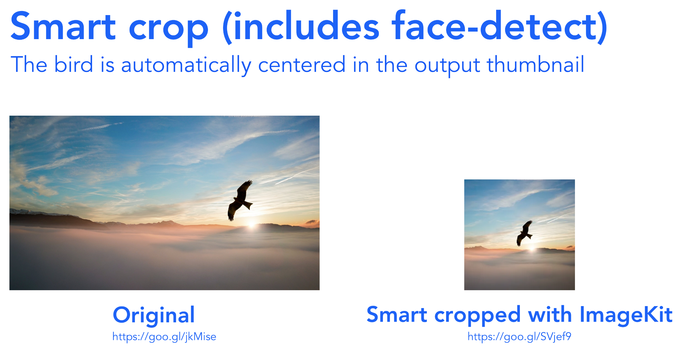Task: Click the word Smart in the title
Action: [63, 26]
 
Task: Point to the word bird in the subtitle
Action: [74, 64]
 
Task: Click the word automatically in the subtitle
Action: [186, 66]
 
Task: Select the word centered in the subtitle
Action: [302, 64]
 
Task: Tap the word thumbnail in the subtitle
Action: [535, 64]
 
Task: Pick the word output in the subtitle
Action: [447, 66]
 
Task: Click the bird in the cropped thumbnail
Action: [525, 233]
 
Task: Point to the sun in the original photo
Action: [252, 225]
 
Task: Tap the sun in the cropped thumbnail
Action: [532, 249]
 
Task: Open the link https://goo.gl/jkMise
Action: [164, 337]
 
